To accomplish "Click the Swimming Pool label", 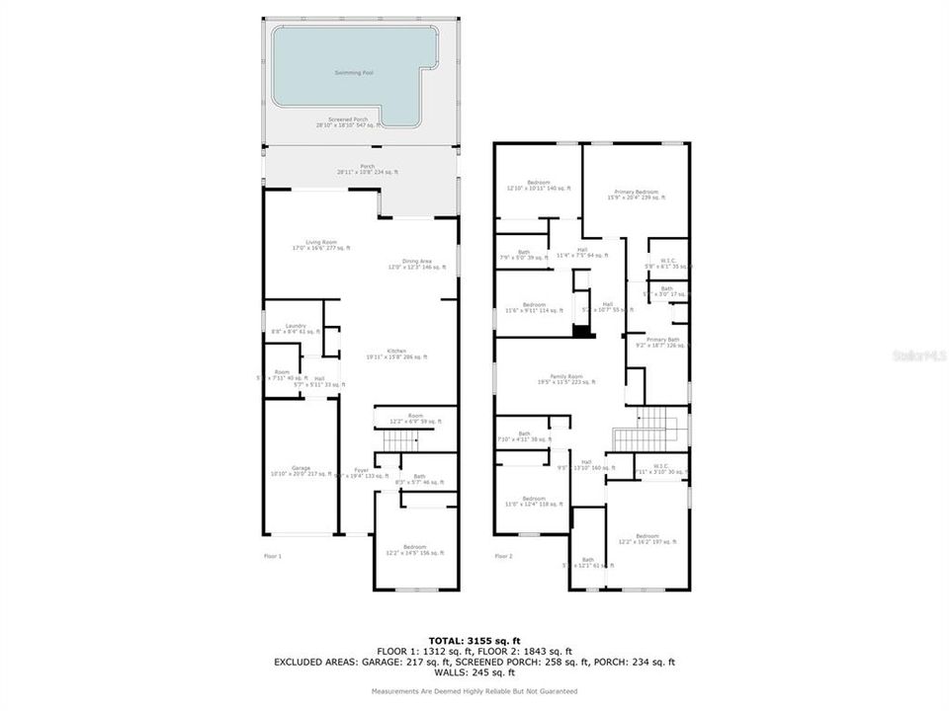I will [348, 73].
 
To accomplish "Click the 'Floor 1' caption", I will [273, 557].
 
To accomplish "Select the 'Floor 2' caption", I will [504, 557].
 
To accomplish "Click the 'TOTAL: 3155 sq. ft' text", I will [474, 640].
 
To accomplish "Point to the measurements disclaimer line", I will [474, 691].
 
